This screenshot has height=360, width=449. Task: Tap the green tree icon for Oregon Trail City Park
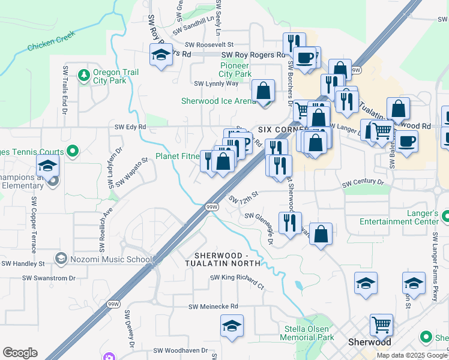[x=83, y=76]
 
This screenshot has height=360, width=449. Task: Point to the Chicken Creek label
[x=50, y=42]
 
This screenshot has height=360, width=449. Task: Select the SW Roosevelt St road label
[x=209, y=44]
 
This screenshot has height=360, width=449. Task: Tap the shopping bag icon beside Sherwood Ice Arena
[x=263, y=92]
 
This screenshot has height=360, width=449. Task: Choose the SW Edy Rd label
[x=131, y=127]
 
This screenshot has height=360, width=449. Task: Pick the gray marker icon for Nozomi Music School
[x=61, y=259]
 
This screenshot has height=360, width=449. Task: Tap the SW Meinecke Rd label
[x=213, y=307]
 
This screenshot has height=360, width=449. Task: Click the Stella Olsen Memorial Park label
[x=309, y=333]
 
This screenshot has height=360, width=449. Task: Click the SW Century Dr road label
[x=363, y=182]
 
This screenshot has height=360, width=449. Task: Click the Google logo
[x=20, y=353]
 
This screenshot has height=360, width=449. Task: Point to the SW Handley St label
[x=24, y=263]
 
